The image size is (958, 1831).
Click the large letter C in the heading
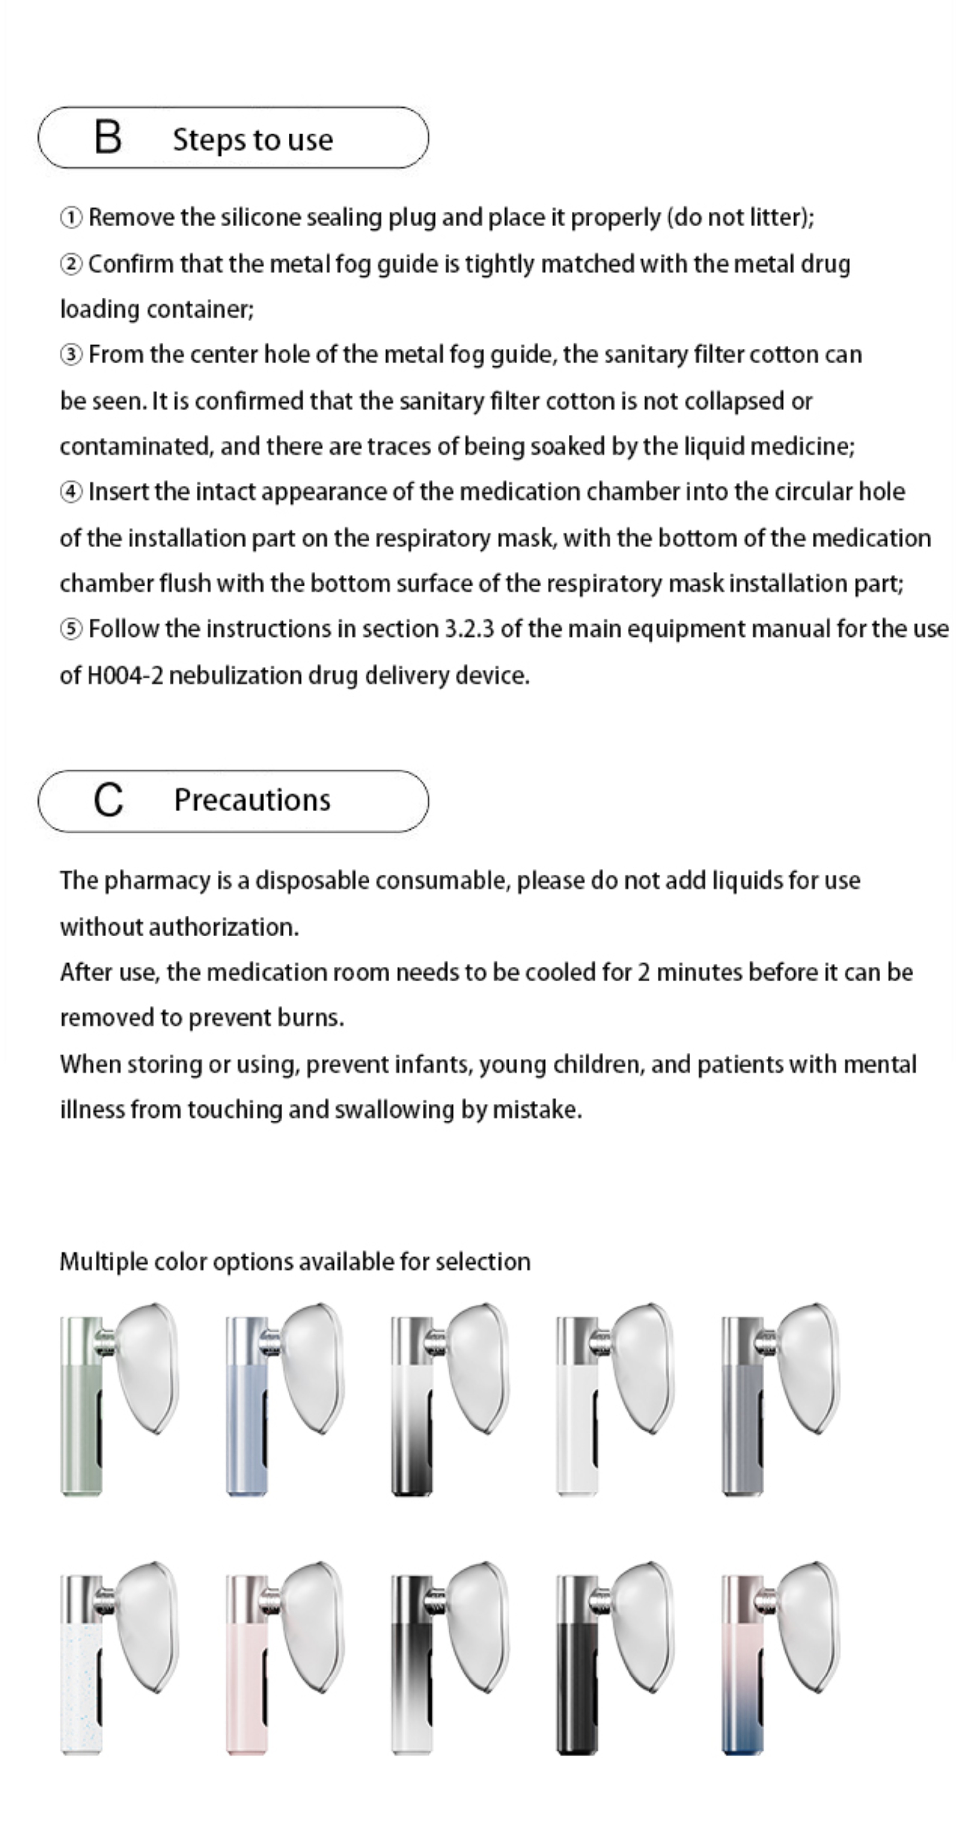tap(108, 800)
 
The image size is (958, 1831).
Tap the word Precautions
tap(252, 800)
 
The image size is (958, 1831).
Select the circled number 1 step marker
tap(70, 217)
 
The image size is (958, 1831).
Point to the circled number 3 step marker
tap(70, 355)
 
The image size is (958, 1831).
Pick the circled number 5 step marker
tap(70, 629)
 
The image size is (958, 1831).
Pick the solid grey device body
tap(741, 1429)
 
